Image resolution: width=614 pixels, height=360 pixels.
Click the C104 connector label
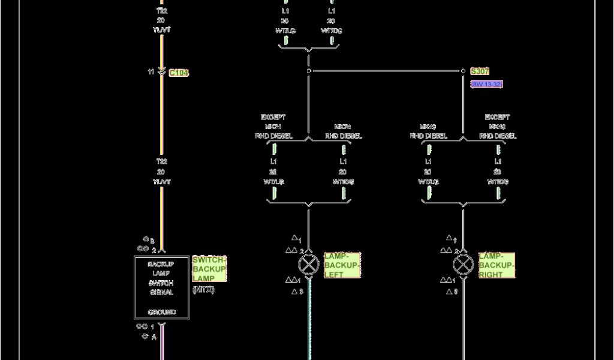[x=179, y=73]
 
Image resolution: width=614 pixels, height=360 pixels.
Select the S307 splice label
[x=480, y=71]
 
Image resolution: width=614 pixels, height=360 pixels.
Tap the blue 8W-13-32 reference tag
[x=486, y=85]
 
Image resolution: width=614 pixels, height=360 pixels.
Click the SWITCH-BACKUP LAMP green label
[x=209, y=269]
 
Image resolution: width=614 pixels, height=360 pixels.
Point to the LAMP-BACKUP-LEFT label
[x=342, y=265]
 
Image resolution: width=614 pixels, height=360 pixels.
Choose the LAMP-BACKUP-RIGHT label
[x=496, y=265]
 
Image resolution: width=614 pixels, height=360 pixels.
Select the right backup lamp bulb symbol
[x=463, y=265]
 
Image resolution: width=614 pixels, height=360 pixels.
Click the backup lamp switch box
[x=161, y=287]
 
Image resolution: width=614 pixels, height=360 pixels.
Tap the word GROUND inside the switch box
[x=161, y=312]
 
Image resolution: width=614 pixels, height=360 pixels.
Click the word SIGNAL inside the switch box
[x=161, y=292]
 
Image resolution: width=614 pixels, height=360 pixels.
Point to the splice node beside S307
[x=463, y=71]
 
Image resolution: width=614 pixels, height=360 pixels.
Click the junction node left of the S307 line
[x=309, y=71]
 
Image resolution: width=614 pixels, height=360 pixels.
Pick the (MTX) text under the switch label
[x=203, y=290]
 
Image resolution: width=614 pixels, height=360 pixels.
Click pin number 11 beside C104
[x=151, y=72]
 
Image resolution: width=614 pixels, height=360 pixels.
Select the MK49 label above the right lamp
[x=428, y=127]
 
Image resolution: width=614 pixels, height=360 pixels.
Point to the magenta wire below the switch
[x=161, y=342]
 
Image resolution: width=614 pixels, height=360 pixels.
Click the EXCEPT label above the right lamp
[x=497, y=117]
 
